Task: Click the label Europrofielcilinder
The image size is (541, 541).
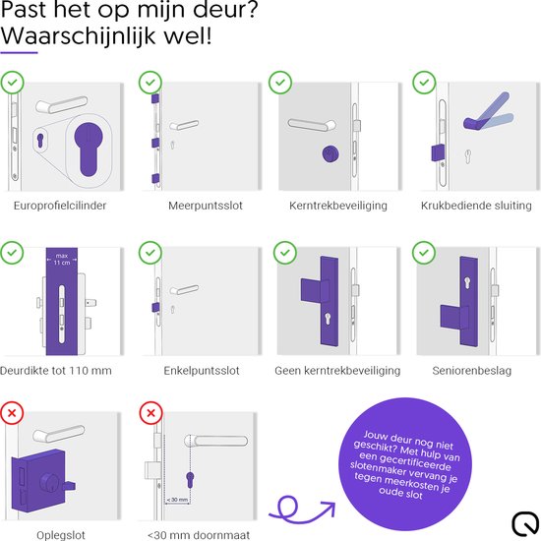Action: coord(66,206)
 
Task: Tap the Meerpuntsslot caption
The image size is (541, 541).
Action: coord(204,206)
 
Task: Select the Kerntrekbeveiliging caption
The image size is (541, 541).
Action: coord(337,206)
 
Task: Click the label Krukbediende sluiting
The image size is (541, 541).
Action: coord(472,206)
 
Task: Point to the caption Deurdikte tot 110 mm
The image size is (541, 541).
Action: coord(66,371)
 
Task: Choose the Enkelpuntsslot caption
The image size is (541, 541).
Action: coord(204,371)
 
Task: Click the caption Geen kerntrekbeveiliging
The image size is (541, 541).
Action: coord(337,371)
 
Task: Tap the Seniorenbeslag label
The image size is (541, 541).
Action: coord(472,371)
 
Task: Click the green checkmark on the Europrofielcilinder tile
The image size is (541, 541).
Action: coord(14,83)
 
